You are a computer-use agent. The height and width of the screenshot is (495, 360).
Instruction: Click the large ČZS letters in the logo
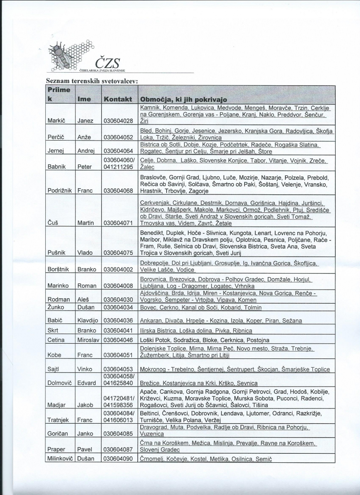pos(107,63)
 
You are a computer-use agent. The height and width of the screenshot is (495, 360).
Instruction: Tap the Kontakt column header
pos(118,99)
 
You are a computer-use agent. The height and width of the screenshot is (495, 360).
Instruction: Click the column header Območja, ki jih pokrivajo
pos(184,99)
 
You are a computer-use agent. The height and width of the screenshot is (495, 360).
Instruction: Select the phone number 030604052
pos(118,137)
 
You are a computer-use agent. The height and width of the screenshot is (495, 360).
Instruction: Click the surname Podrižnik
pos(60,191)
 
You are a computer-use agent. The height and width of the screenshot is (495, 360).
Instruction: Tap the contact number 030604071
pos(118,223)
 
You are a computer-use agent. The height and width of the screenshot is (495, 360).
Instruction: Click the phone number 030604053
pos(118,369)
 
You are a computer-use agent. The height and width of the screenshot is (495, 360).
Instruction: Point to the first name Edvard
pos(87,383)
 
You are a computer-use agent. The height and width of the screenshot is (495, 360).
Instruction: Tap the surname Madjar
pos(57,405)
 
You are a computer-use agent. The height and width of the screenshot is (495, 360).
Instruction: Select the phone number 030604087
pos(118,449)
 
